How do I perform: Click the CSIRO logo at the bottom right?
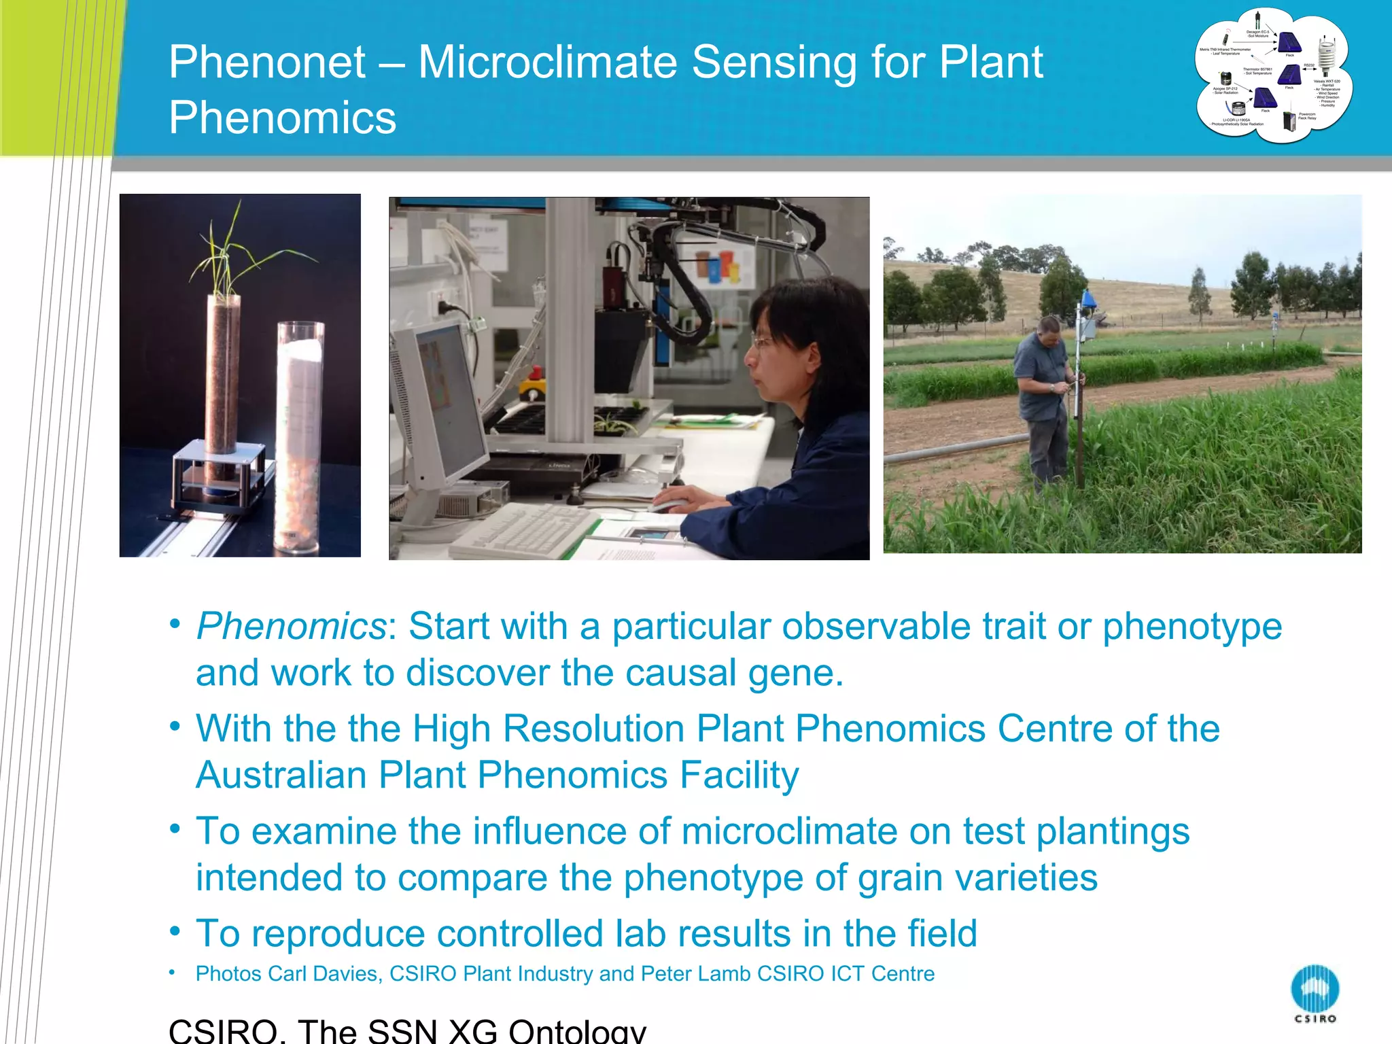tap(1315, 992)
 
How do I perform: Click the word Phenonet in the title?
tap(267, 63)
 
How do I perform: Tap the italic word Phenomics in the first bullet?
tap(291, 625)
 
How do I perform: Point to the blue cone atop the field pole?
tap(1087, 299)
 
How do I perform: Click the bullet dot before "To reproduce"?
tap(175, 930)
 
